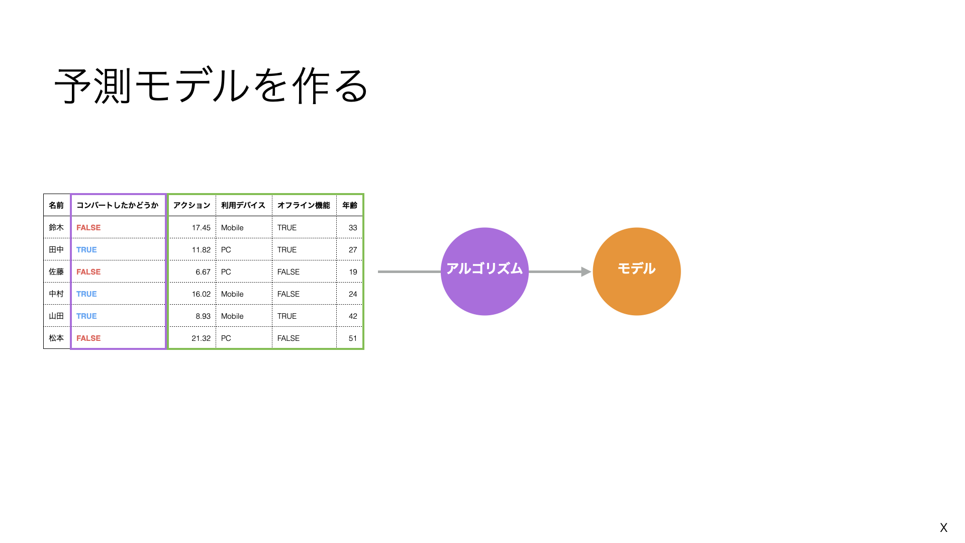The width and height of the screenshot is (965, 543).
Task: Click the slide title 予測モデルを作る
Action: click(212, 86)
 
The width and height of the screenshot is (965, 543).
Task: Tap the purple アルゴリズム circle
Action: click(485, 271)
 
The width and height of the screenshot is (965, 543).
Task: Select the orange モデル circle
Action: click(637, 271)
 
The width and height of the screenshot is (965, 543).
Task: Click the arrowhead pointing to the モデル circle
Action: click(586, 271)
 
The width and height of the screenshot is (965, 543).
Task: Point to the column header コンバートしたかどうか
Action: click(117, 205)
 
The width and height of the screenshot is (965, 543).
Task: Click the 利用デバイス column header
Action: click(243, 205)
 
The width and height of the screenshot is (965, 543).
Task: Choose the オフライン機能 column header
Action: click(304, 205)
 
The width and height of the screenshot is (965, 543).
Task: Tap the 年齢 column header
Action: click(349, 205)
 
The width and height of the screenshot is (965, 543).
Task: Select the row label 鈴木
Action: click(56, 227)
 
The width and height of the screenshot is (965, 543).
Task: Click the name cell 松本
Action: click(56, 338)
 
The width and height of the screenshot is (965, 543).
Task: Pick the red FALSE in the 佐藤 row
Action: click(88, 271)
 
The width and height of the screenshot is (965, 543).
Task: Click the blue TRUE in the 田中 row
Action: click(86, 249)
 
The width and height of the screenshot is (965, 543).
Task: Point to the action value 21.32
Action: click(201, 338)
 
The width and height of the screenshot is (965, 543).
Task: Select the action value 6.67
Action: click(203, 271)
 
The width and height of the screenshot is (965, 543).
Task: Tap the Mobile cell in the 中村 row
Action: click(232, 294)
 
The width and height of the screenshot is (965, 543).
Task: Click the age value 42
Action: click(353, 316)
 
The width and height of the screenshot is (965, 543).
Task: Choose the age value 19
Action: click(353, 271)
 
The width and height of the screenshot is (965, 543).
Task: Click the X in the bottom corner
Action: click(943, 527)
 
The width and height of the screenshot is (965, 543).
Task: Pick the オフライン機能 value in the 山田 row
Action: click(287, 316)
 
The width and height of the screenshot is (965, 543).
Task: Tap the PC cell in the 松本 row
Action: click(226, 338)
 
